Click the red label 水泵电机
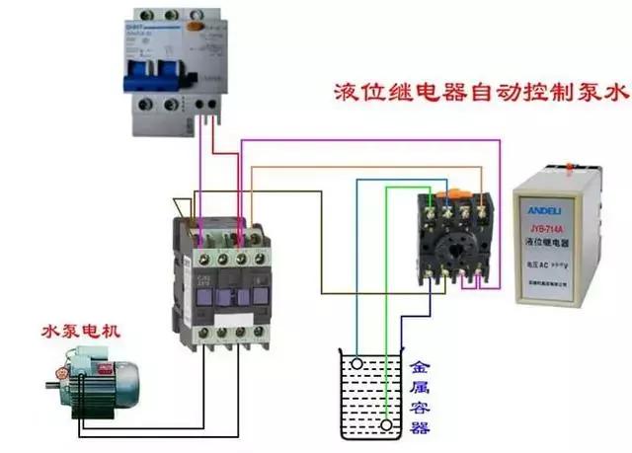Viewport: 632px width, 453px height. [80, 331]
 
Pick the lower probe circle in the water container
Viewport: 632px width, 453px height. [384, 426]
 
